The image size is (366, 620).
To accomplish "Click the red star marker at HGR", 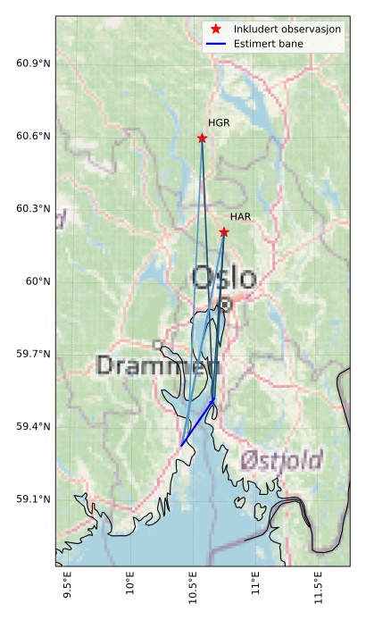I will click(x=202, y=138).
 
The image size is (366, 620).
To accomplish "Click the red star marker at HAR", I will click(x=224, y=232).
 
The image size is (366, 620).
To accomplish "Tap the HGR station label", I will click(x=219, y=123).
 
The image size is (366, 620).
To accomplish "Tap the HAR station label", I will click(x=240, y=217).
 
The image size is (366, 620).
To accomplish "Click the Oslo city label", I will click(x=223, y=277).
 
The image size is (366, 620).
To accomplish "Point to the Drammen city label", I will click(x=158, y=365).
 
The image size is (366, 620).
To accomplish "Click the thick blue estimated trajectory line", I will click(x=197, y=422).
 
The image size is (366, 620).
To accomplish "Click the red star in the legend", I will click(x=216, y=29).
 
